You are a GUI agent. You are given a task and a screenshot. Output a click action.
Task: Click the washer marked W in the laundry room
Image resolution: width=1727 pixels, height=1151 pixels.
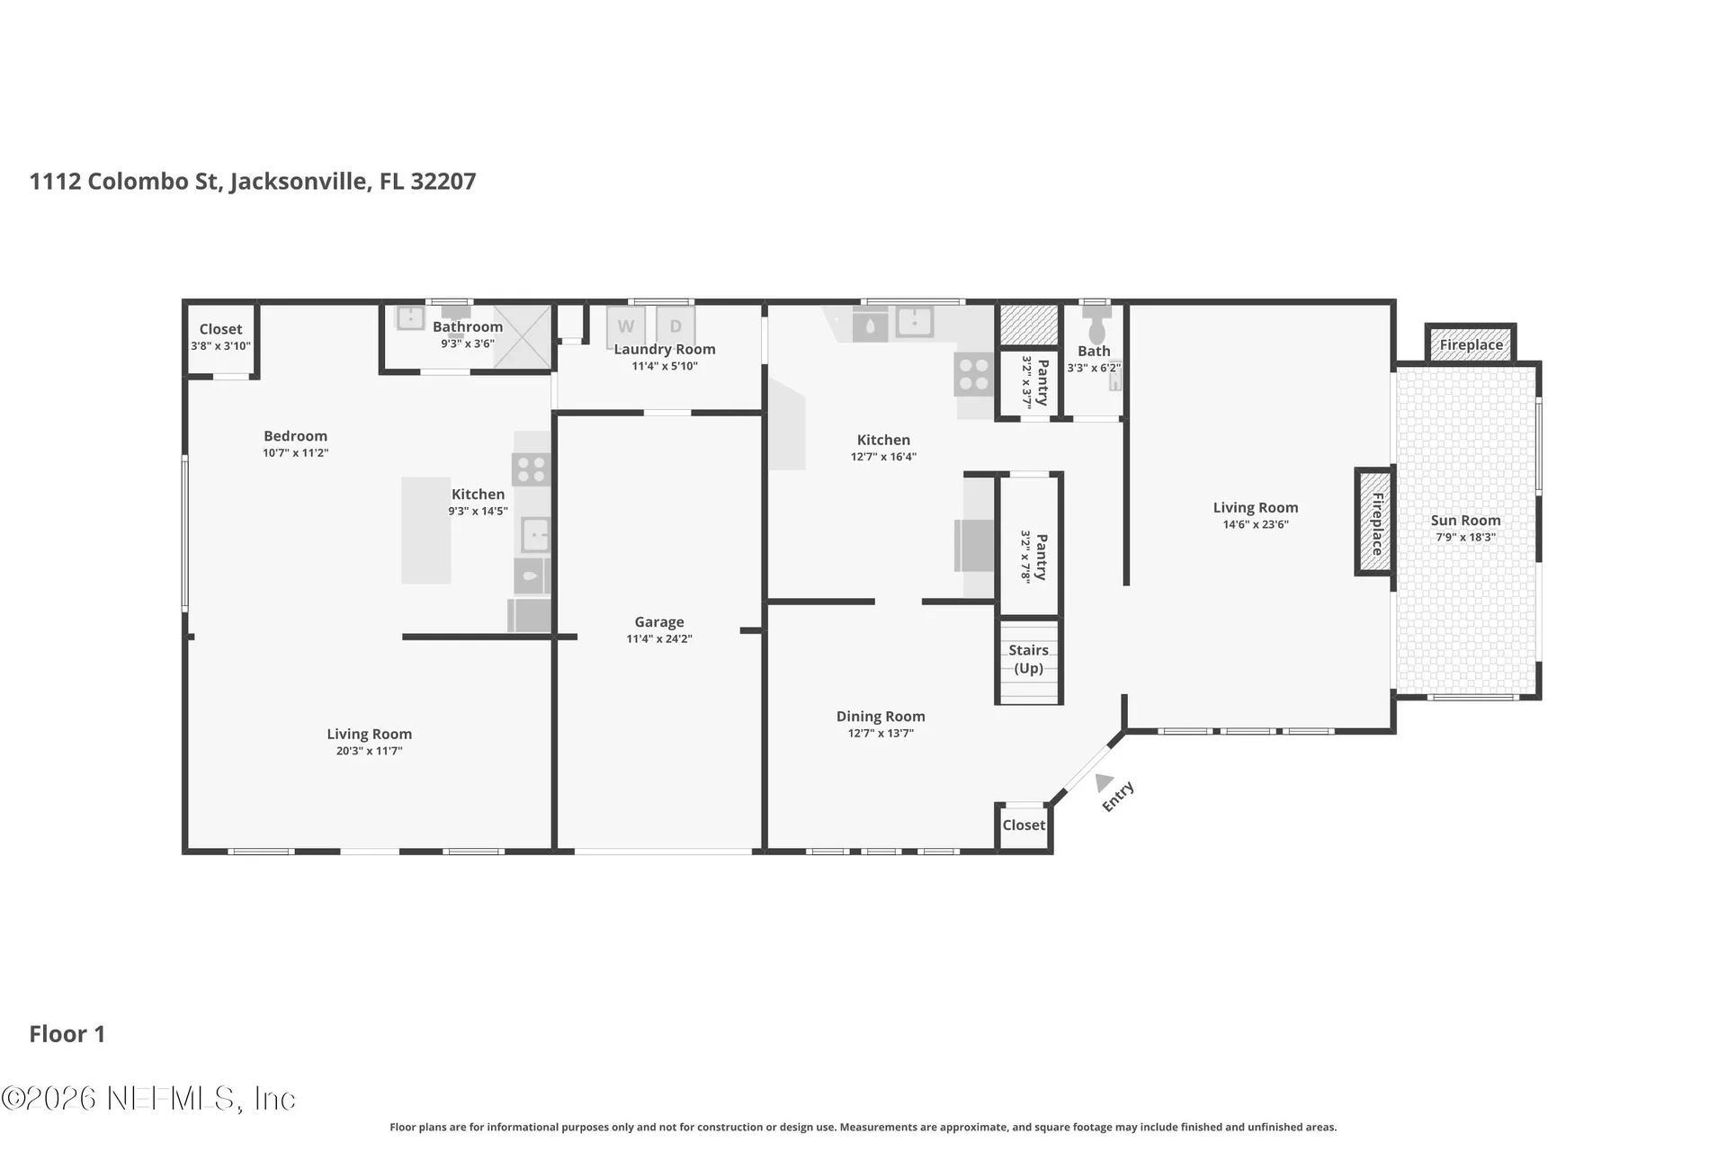tap(625, 326)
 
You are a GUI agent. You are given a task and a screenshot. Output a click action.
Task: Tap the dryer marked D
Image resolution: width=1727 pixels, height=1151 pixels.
tap(676, 326)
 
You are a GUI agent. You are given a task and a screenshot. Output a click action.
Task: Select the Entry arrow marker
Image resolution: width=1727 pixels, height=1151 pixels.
tap(1104, 782)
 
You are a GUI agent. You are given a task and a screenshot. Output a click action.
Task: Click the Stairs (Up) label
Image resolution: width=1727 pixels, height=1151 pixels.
tap(1028, 659)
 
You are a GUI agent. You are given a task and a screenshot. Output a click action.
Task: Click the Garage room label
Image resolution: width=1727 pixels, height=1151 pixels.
tap(659, 621)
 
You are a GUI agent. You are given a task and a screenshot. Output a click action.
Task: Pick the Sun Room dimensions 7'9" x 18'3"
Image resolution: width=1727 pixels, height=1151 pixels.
tap(1465, 538)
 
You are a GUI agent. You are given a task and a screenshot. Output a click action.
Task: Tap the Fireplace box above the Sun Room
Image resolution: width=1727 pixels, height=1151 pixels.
tap(1471, 344)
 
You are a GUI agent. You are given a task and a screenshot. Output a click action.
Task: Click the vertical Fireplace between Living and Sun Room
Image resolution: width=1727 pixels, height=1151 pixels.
tap(1374, 522)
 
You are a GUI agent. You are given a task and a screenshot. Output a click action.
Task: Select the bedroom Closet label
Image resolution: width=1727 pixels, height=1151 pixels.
tap(220, 329)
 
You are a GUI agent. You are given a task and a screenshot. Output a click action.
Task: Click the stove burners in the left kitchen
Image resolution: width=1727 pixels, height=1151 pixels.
tap(531, 469)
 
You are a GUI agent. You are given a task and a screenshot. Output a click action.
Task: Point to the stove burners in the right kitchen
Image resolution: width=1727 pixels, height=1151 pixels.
tap(974, 374)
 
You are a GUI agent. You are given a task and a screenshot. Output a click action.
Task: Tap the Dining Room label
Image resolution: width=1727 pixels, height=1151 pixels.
tap(881, 717)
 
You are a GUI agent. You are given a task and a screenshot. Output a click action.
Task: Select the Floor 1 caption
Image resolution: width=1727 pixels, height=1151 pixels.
tap(67, 1034)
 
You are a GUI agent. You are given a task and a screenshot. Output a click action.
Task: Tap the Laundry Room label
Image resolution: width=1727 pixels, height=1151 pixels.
tap(665, 349)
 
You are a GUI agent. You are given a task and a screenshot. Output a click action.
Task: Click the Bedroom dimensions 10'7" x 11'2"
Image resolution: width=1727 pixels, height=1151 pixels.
tap(296, 453)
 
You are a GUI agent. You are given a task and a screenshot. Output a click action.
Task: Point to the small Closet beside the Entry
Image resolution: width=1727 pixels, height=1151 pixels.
tap(1024, 825)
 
